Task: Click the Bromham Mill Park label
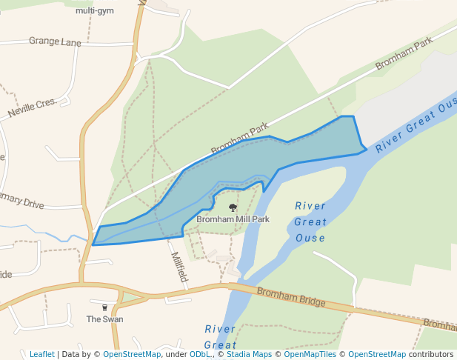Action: coord(233,219)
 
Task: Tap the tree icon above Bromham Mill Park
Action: coord(233,208)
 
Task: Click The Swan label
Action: coord(104,319)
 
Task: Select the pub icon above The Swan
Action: coord(104,307)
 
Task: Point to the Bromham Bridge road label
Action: coord(291,297)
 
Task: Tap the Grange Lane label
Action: coord(55,41)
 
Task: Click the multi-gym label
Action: coord(95,11)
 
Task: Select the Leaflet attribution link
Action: coord(42,354)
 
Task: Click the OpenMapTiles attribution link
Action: coord(310,354)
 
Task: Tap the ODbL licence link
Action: coord(199,354)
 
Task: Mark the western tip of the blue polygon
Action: coord(93,244)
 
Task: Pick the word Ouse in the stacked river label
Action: coord(310,238)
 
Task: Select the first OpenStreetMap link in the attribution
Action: coord(132,354)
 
